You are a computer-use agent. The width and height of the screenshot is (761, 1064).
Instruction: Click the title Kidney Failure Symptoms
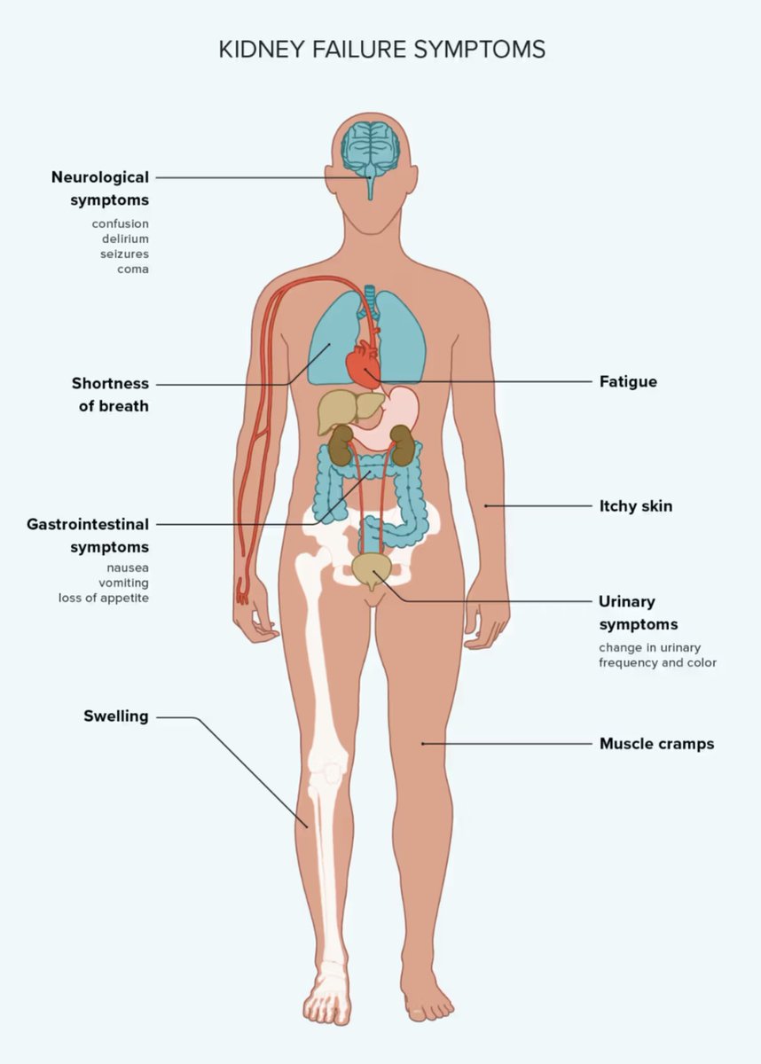(x=381, y=49)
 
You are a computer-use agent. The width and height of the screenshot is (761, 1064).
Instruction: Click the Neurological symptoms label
(x=99, y=188)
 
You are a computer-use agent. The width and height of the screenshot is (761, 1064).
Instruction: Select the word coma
(x=133, y=269)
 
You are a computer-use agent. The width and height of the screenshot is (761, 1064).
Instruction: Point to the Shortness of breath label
(x=110, y=395)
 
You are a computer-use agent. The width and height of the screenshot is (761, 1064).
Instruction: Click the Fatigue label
(x=628, y=382)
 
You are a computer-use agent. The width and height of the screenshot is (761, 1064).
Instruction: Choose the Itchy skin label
(x=635, y=506)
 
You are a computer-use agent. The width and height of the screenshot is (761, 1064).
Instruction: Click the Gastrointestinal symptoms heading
(x=88, y=535)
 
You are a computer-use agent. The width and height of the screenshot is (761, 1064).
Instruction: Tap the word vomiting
(x=123, y=583)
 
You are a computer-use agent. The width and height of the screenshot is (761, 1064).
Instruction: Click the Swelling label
(x=115, y=716)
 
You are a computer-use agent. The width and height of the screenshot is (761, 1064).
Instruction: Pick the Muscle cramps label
(x=656, y=743)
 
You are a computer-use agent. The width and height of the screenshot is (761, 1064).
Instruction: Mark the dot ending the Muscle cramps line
(x=423, y=743)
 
